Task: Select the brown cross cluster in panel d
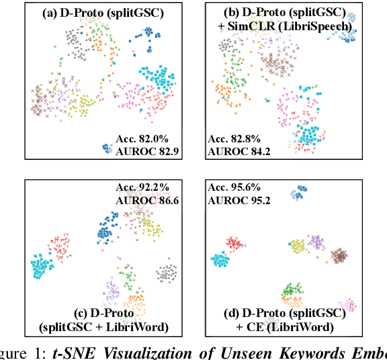340,256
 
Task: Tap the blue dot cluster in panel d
297,193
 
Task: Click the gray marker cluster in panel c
166,273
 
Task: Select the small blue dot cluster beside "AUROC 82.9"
105,149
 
